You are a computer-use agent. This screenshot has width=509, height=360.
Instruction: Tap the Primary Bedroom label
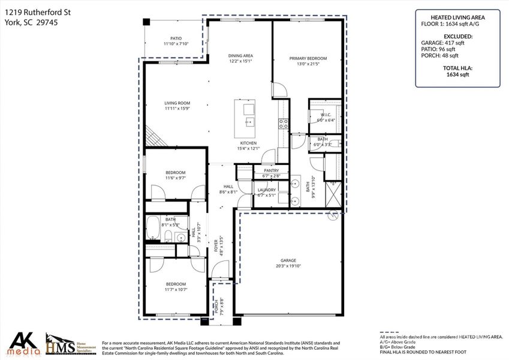pos(308,59)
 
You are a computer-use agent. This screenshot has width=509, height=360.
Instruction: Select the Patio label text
pos(176,38)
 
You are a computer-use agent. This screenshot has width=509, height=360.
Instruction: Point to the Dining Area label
pos(240,56)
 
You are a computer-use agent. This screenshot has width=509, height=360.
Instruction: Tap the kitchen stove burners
pos(284,124)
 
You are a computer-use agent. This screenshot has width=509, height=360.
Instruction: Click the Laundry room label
pos(266,190)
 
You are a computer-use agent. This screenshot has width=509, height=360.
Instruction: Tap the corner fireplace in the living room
pos(154,137)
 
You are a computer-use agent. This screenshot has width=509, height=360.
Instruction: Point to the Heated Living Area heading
pos(457,17)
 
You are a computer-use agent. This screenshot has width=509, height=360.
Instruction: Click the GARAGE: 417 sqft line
pos(457,43)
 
